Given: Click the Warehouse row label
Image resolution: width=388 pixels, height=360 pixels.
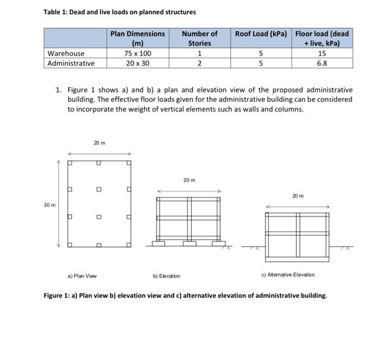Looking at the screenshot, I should [67, 54].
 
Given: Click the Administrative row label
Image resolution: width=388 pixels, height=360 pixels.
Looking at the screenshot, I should [71, 63].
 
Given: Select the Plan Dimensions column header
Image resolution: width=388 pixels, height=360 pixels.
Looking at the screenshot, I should [137, 38].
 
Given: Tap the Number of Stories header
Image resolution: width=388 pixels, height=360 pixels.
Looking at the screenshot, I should [200, 38].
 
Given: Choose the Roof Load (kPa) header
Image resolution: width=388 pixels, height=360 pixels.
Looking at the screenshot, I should [261, 34].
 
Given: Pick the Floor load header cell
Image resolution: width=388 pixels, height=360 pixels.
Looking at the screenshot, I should [322, 38].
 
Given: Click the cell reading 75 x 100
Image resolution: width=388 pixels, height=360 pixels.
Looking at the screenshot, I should [137, 54].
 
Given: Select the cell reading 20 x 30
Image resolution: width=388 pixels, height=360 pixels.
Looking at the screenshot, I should [137, 63].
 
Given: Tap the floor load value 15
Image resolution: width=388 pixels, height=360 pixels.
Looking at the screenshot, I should [322, 54].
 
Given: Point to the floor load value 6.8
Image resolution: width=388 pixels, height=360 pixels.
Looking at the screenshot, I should [322, 63].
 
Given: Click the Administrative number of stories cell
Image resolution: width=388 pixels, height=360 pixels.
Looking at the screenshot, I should [200, 63].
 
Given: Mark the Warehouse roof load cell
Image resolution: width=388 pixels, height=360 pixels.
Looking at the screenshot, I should [261, 54].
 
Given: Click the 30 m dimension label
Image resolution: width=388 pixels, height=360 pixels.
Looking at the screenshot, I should [49, 205].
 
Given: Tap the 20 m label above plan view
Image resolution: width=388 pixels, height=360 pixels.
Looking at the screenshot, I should [99, 143].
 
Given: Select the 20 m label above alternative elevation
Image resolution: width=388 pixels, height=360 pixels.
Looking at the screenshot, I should [298, 196].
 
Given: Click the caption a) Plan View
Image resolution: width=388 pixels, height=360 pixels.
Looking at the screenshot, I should [83, 275].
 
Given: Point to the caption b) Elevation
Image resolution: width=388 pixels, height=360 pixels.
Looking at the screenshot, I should [166, 276].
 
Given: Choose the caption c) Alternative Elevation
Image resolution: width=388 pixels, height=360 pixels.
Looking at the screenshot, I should [288, 275].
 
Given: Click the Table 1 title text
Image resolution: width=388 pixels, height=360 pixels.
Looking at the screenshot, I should [119, 12].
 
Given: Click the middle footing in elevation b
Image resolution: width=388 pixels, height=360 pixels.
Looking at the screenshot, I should [190, 243].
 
